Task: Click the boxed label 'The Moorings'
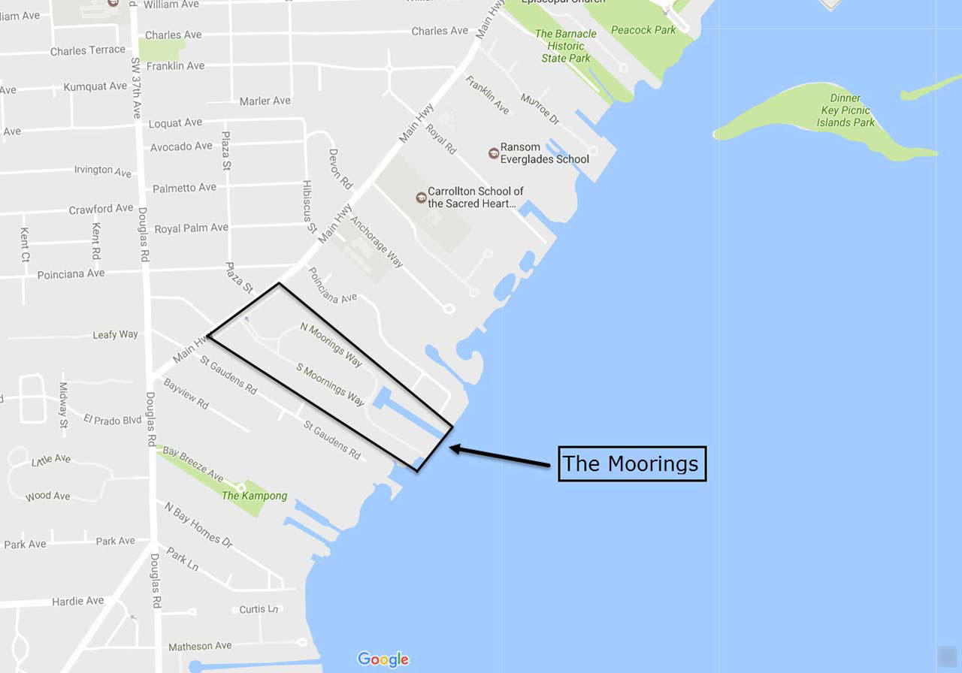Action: coord(632,463)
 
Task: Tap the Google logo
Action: coord(383,659)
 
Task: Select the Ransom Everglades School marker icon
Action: coord(494,152)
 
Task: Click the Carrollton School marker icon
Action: coord(421,198)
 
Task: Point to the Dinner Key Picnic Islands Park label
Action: coord(846,110)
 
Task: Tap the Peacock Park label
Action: coord(643,30)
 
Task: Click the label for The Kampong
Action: coord(254,496)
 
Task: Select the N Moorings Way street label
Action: coord(331,345)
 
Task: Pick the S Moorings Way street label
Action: coord(331,385)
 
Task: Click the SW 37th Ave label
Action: coord(135,89)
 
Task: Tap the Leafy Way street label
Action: coord(115,334)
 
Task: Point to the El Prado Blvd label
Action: coord(113,419)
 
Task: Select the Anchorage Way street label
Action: coord(377,243)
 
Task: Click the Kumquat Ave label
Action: coord(95,86)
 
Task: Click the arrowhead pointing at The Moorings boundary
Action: coord(454,448)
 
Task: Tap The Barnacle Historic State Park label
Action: coord(566,46)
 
